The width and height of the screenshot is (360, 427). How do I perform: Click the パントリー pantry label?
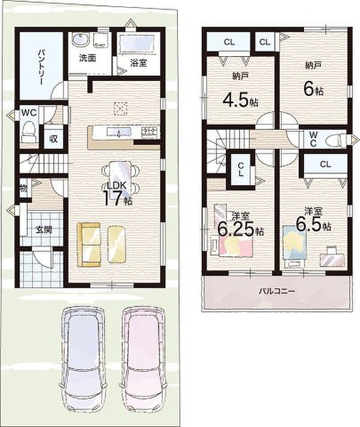41,67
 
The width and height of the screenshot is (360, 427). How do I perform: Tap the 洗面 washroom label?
87,58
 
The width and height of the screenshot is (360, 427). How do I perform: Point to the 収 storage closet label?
53,139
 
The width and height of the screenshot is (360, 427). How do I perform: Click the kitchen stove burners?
150,131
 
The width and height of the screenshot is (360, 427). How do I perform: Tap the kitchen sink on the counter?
119,132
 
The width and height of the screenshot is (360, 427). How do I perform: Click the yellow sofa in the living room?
89,244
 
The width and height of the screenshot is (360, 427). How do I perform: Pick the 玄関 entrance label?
44,230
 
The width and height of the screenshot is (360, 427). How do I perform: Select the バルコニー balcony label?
277,291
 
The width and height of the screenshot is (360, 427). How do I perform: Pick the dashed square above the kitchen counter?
121,108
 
